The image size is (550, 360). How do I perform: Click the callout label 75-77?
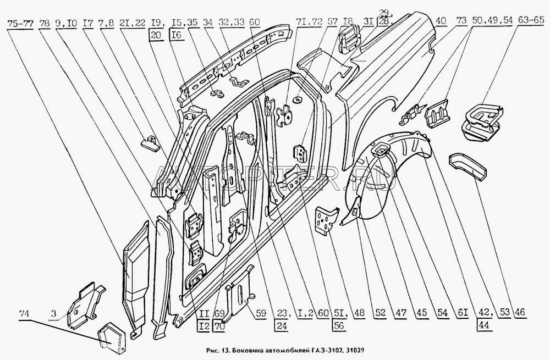click(x=19, y=24)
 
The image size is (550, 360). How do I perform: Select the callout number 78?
click(x=46, y=24)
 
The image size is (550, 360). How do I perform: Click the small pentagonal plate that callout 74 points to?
click(x=112, y=335)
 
